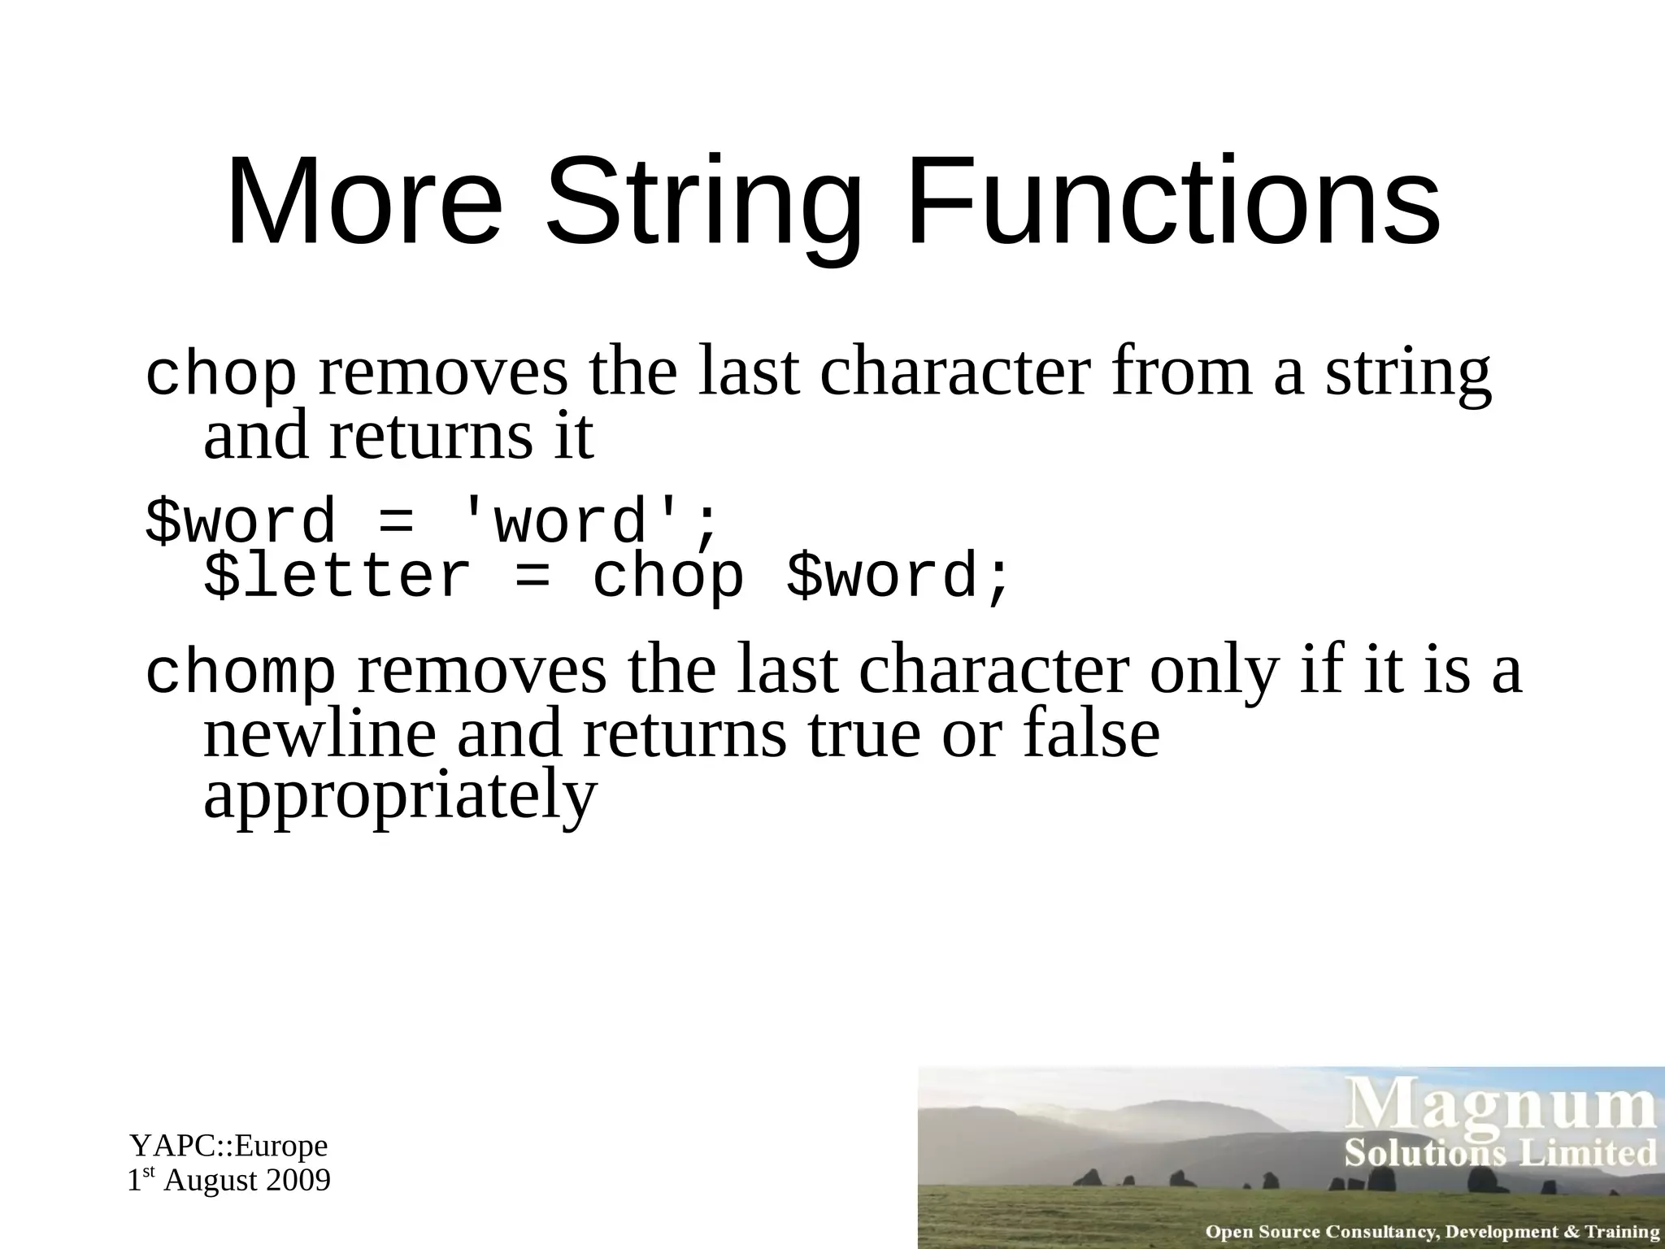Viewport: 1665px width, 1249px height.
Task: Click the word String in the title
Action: click(704, 203)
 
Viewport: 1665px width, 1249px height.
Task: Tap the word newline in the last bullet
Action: click(320, 733)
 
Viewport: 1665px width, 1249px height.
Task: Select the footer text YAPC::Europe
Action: click(228, 1146)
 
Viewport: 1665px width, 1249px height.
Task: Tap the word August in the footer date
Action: click(211, 1181)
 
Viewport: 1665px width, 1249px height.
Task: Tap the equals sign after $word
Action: click(396, 522)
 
